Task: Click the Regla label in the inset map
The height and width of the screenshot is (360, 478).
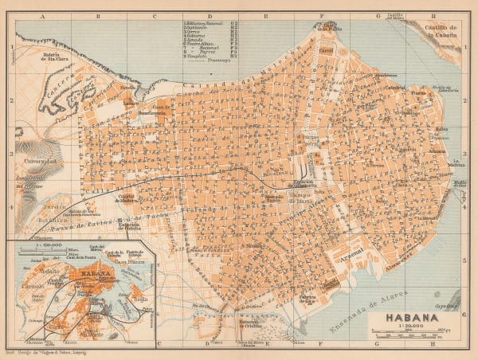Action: coord(143,300)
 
